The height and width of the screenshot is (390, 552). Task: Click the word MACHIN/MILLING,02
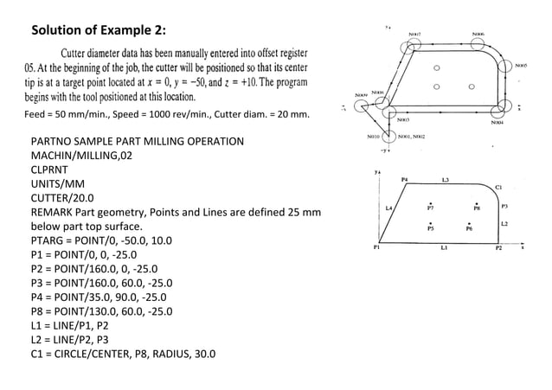(83, 156)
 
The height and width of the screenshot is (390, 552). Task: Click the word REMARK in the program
(55, 212)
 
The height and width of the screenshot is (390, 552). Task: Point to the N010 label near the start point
(373, 137)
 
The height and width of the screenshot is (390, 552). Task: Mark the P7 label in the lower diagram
(430, 208)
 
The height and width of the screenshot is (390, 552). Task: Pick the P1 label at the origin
(375, 246)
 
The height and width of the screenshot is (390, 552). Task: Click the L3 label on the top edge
(445, 180)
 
